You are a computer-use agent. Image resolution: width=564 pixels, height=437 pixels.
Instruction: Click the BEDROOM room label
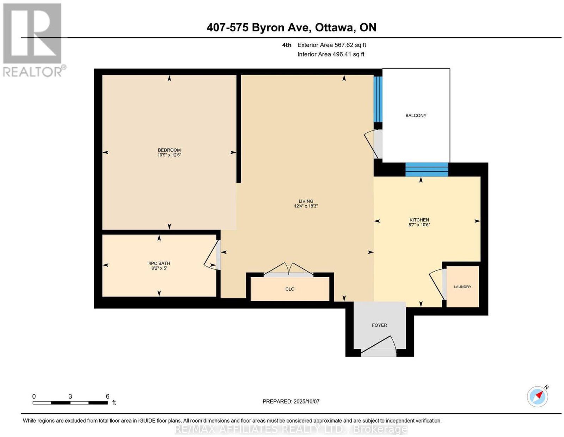(169, 150)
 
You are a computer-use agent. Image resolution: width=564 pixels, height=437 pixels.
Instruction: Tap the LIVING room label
(306, 201)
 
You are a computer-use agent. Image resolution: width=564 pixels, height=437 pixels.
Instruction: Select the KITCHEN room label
(419, 220)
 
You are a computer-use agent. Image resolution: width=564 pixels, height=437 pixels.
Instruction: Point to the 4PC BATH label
(159, 263)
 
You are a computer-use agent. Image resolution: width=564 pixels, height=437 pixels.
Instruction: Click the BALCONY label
(416, 115)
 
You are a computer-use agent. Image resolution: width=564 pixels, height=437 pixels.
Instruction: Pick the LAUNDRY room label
(462, 287)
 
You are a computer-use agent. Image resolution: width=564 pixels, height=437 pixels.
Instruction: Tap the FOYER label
(379, 325)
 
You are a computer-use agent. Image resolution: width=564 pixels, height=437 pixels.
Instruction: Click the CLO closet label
(290, 289)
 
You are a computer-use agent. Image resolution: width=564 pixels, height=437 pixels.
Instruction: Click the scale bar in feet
(70, 403)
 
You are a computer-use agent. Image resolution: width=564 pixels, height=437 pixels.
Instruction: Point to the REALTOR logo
(33, 40)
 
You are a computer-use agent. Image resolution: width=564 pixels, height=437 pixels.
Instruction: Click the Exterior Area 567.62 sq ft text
(331, 45)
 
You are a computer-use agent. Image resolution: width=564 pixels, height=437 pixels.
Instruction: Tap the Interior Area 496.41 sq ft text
(331, 54)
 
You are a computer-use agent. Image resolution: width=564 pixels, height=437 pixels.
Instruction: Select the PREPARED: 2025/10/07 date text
(291, 401)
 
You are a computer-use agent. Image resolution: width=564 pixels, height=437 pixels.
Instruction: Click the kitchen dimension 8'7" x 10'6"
(419, 225)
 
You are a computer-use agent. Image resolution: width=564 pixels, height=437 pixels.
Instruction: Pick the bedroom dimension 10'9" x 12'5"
(169, 155)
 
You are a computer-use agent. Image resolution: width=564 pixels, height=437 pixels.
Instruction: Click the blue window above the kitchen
(427, 170)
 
